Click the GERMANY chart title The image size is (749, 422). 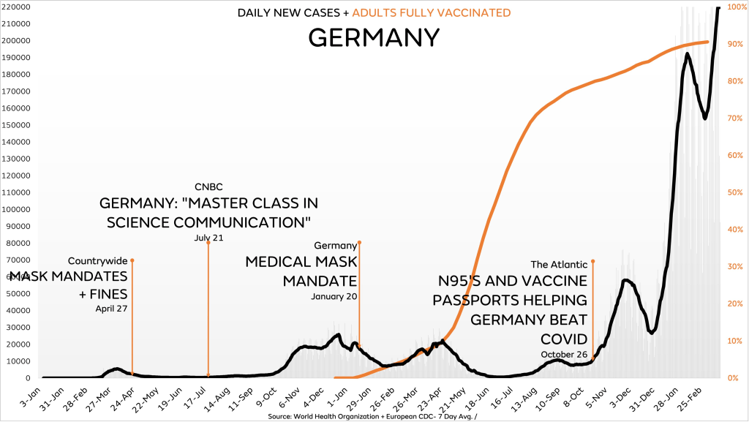coord(374,37)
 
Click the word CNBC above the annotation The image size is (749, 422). coord(208,186)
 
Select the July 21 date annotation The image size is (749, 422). coord(208,238)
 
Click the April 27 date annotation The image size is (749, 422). coord(111,308)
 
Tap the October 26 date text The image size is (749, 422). coord(565,354)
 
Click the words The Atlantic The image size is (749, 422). coord(559,264)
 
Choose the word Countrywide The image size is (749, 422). coord(97,260)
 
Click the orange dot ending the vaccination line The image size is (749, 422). coord(707,42)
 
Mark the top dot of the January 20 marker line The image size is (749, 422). coord(359,242)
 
